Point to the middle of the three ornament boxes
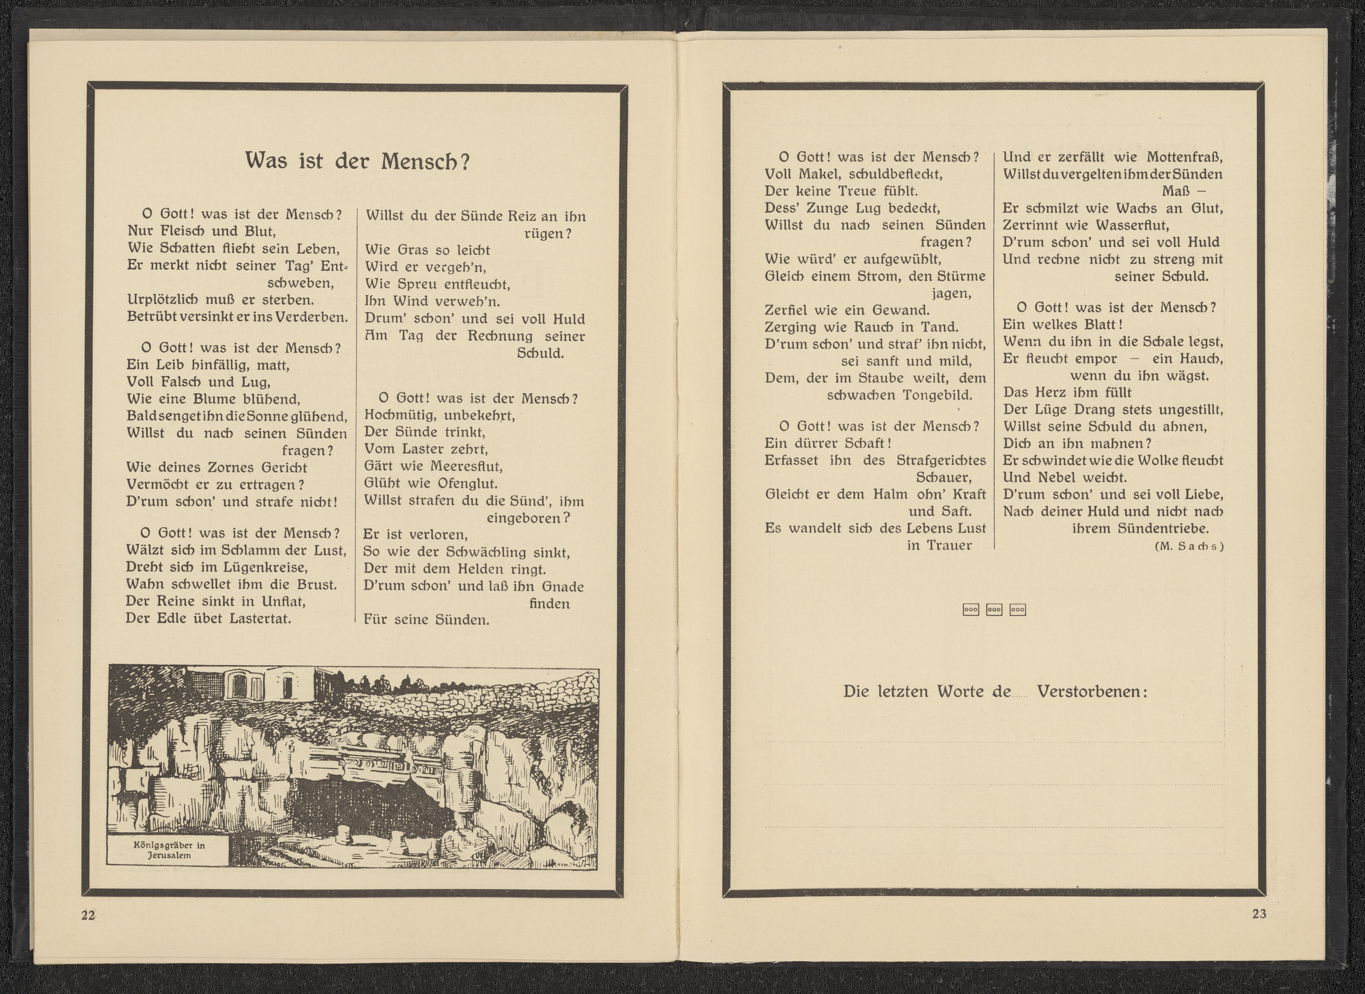[x=994, y=610]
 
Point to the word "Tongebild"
[x=937, y=395]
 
